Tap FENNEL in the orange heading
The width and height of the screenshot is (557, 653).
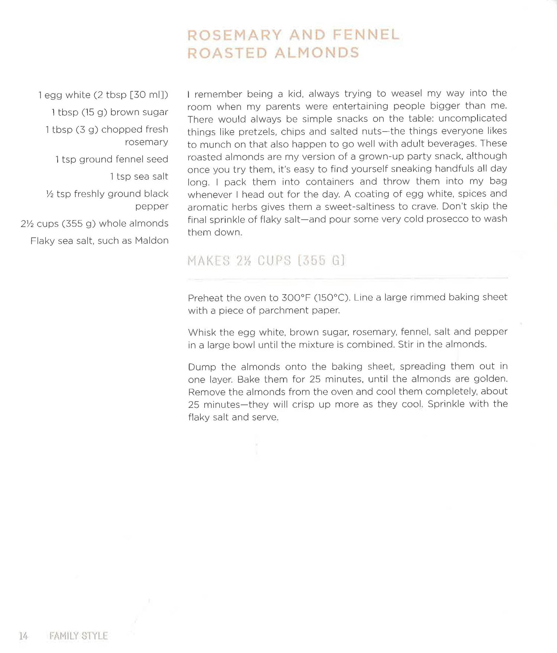(x=366, y=35)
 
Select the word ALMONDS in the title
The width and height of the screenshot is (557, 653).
(x=317, y=53)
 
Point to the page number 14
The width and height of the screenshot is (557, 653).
(x=23, y=636)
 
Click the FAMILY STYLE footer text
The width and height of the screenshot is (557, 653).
(x=78, y=636)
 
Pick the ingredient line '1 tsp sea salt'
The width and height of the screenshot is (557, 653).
(x=139, y=176)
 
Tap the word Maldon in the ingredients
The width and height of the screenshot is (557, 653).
(x=152, y=241)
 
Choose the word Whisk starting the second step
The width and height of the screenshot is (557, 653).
(x=201, y=332)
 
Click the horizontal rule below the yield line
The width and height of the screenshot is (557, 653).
(x=348, y=278)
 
